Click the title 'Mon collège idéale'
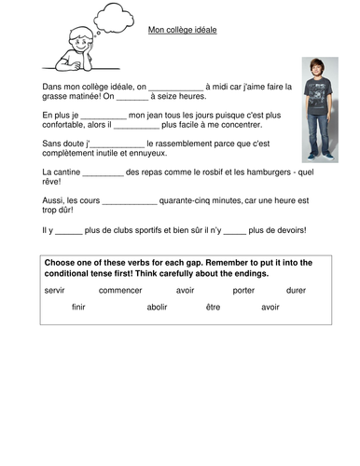pos(182,30)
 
